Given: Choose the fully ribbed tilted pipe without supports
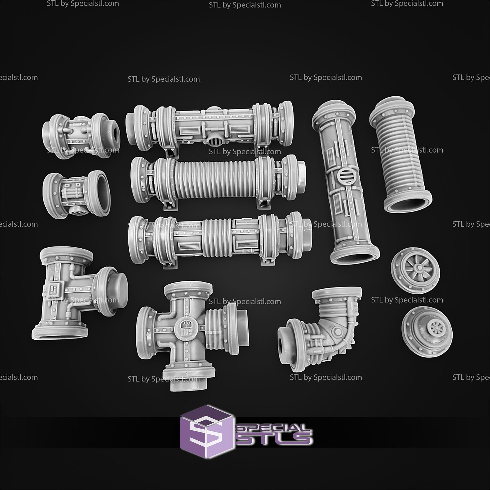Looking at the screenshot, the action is point(401,155).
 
